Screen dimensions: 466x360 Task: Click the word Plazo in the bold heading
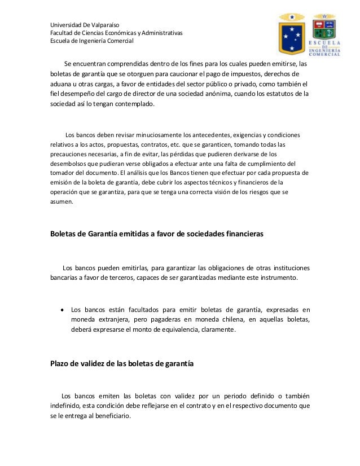point(61,364)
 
